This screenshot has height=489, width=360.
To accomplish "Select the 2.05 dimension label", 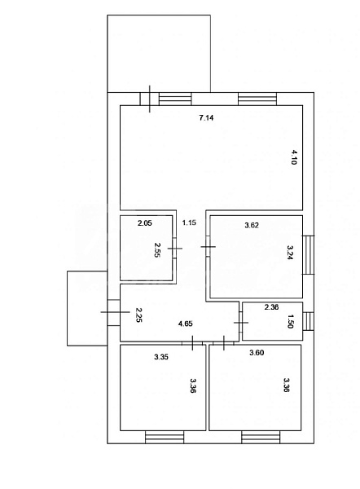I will pyautogui.click(x=145, y=223).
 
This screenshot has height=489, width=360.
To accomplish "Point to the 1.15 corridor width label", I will pyautogui.click(x=189, y=222).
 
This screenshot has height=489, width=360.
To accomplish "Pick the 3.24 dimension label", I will pyautogui.click(x=291, y=253).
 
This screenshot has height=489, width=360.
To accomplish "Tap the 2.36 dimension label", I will pyautogui.click(x=272, y=308).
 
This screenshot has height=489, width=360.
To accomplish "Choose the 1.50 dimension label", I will pyautogui.click(x=291, y=321).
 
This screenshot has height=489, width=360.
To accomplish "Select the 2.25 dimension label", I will pyautogui.click(x=139, y=315).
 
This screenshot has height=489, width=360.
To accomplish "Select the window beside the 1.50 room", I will pyautogui.click(x=310, y=321).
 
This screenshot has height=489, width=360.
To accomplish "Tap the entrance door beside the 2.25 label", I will pyautogui.click(x=112, y=312).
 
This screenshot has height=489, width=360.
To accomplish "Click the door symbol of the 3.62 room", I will pyautogui.click(x=208, y=246).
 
